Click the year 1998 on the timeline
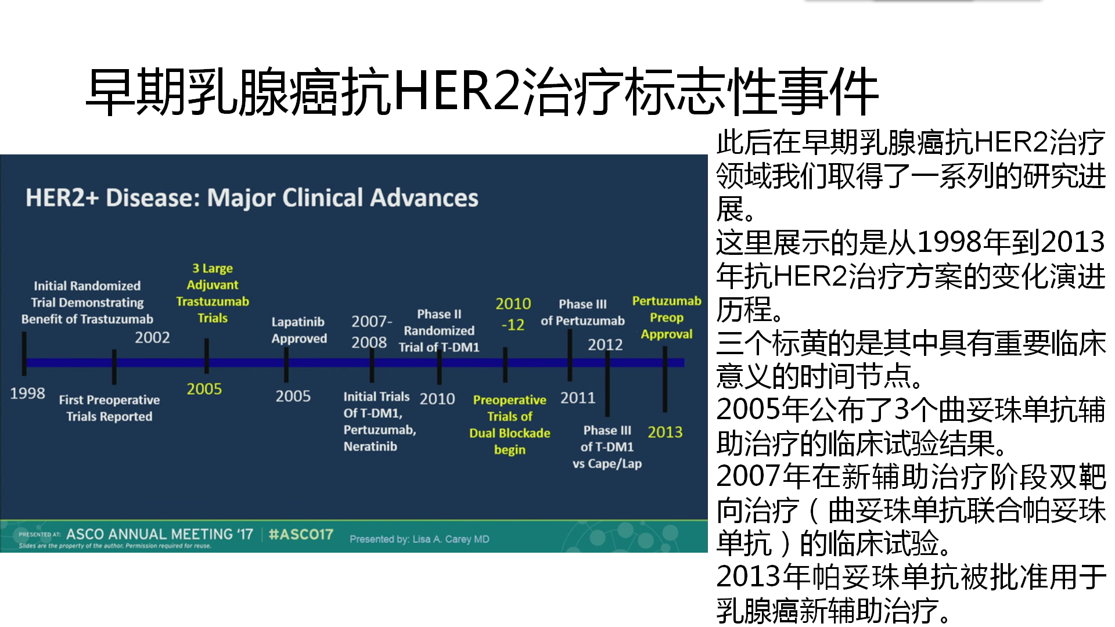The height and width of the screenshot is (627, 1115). (x=27, y=393)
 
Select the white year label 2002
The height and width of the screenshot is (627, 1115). (x=152, y=337)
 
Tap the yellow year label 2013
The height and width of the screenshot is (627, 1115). (x=665, y=432)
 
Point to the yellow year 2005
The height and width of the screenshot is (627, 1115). (x=204, y=388)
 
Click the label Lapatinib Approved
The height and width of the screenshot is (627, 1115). (x=299, y=330)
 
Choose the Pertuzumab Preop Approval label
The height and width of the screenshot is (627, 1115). (x=667, y=318)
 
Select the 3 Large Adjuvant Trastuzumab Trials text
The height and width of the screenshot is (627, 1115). (x=213, y=293)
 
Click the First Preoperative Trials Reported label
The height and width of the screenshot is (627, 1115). (x=109, y=408)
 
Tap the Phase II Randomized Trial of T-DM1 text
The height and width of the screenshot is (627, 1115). (x=439, y=330)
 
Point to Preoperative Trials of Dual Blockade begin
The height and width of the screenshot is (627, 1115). (x=510, y=424)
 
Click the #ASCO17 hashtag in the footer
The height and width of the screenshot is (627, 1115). (x=301, y=534)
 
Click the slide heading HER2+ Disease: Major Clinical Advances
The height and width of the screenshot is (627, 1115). (x=252, y=198)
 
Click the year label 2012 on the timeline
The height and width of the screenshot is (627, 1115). (x=605, y=345)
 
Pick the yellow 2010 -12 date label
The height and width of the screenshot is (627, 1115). (x=513, y=314)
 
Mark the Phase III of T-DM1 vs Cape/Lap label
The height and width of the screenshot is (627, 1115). (x=607, y=447)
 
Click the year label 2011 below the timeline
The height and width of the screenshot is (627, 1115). (x=578, y=398)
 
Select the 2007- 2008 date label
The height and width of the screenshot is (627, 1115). (x=372, y=331)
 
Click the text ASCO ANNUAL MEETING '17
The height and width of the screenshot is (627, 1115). (x=160, y=534)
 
